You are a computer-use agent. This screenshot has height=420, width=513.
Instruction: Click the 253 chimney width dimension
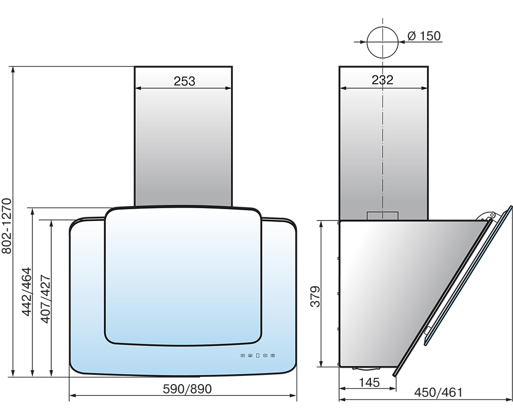(184, 81)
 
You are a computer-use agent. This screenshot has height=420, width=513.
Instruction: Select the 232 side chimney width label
(383, 80)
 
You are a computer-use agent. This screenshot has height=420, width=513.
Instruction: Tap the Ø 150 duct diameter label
(424, 36)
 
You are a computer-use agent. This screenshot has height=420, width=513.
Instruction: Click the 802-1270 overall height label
(7, 226)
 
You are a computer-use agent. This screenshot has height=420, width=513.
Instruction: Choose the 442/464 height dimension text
(27, 292)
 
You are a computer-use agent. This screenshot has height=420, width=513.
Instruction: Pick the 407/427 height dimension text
(46, 299)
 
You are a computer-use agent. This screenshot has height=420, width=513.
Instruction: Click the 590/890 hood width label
(187, 389)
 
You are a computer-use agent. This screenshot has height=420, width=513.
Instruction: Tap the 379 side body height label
(315, 296)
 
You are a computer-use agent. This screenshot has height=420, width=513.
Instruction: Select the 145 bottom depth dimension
(369, 382)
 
